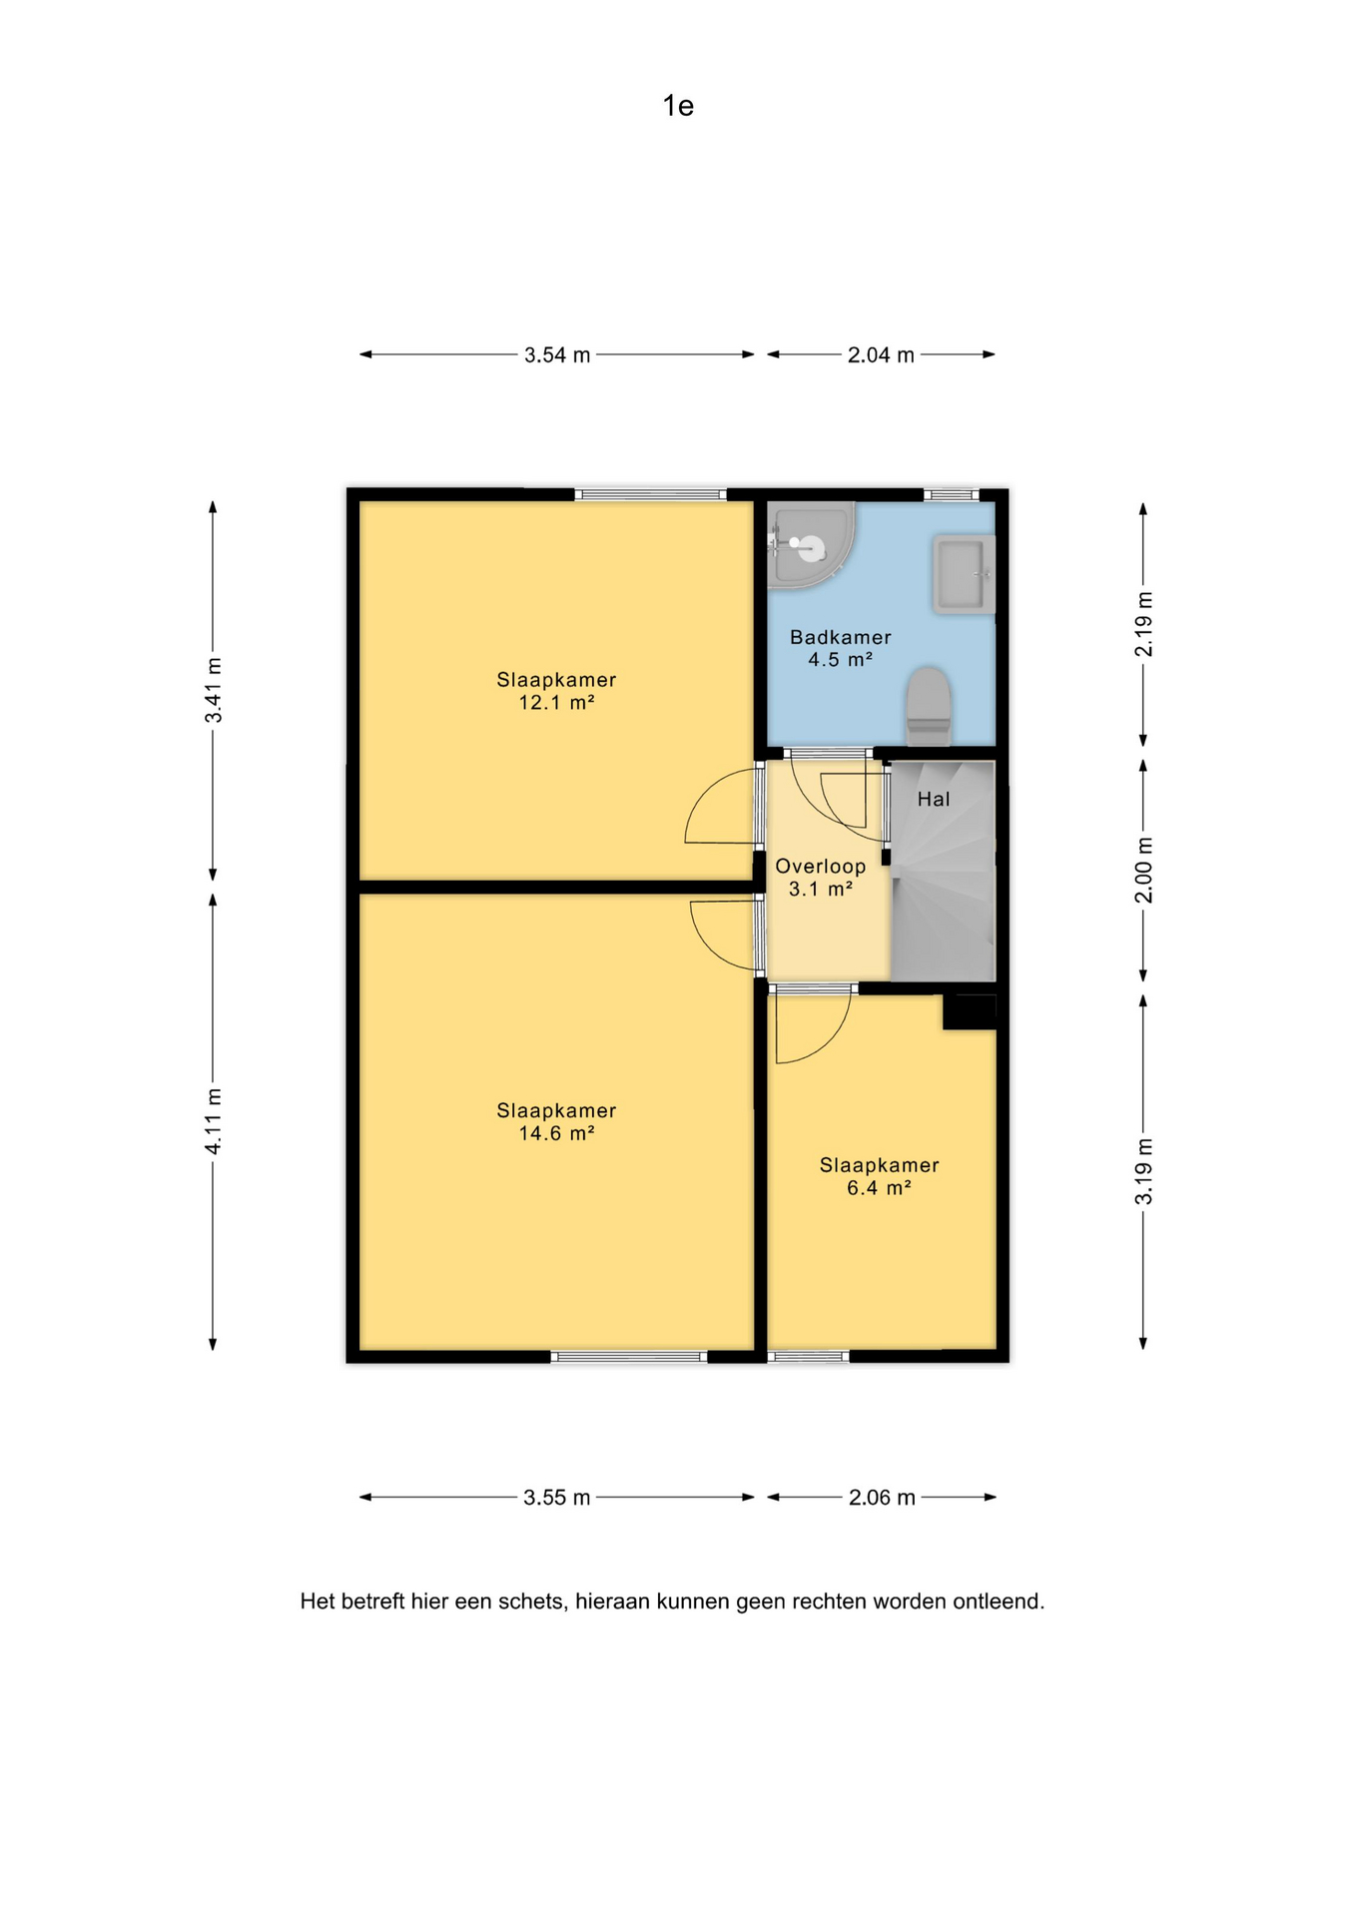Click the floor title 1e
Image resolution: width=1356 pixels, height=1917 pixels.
[x=678, y=106]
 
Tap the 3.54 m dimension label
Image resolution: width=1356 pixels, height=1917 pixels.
[x=557, y=354]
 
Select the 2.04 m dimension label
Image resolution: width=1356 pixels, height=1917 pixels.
[x=881, y=354]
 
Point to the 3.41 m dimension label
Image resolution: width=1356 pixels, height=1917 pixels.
[x=213, y=691]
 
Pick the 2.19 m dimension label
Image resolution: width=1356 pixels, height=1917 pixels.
[x=1144, y=624]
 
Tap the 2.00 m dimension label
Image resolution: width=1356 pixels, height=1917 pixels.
[x=1144, y=870]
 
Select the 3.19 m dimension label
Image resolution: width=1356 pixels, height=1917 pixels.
[x=1144, y=1171]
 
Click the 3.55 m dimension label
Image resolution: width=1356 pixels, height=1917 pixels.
[x=557, y=1498]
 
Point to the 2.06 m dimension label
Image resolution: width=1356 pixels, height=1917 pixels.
[x=882, y=1498]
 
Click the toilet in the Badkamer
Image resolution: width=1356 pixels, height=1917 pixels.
[x=929, y=706]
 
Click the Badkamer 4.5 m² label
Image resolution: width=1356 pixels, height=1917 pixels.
[x=841, y=648]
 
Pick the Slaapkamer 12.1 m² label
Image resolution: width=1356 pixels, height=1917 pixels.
[x=556, y=691]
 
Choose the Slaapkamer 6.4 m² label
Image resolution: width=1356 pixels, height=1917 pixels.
[x=880, y=1176]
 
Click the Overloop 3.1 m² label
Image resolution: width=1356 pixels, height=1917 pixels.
[x=821, y=878]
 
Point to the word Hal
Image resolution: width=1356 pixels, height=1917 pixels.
[x=934, y=799]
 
